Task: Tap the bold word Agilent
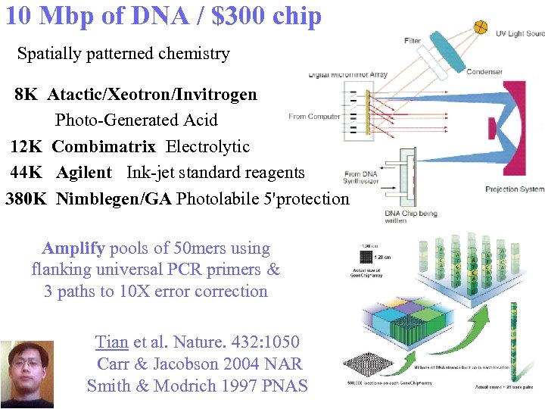[83, 173]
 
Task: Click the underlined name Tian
[112, 342]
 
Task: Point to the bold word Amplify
[73, 248]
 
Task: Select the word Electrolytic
[207, 146]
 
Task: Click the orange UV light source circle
[480, 28]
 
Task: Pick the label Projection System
[514, 189]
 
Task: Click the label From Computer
[314, 117]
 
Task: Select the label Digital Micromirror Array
[347, 74]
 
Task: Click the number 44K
[29, 173]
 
